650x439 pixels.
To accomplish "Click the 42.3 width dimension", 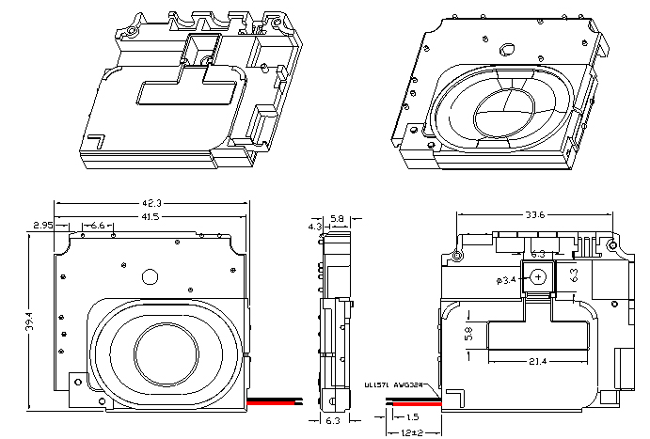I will point(151,203).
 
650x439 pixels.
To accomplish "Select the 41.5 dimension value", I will point(151,217).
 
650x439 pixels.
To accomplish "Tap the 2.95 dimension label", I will point(41,226).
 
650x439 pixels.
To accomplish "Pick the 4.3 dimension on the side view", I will point(314,227).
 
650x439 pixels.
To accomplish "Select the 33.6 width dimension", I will point(536,214).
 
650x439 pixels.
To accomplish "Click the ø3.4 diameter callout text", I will point(506,280).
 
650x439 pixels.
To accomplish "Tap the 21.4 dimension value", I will point(537,361).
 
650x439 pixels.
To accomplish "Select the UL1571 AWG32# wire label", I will point(390,384).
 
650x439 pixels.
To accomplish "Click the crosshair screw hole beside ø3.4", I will point(537,277).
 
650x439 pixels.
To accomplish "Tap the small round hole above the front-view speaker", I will point(149,276).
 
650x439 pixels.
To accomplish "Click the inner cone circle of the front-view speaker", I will point(166,350).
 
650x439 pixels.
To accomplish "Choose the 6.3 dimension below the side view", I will point(333,421).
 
